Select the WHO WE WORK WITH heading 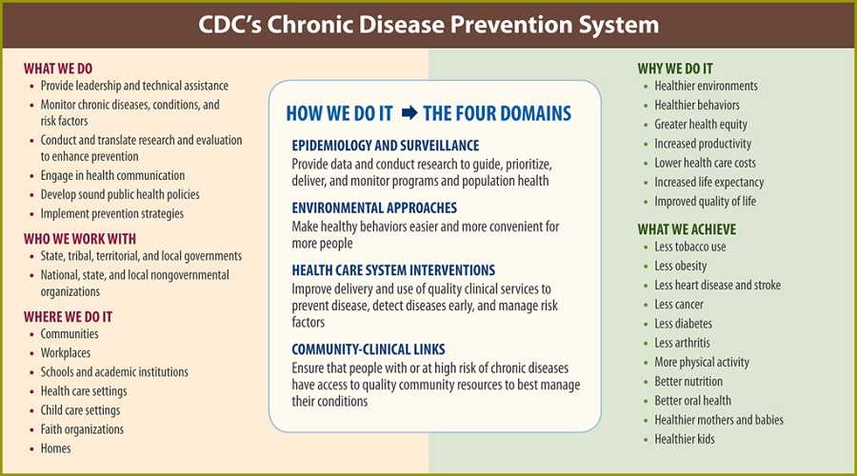click(x=80, y=238)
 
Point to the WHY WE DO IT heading click(x=675, y=68)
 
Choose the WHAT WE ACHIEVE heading click(x=687, y=229)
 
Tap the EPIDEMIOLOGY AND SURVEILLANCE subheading click(x=385, y=144)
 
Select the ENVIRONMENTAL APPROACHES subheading click(x=374, y=207)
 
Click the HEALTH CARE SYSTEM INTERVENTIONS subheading click(x=393, y=270)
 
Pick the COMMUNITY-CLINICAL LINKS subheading click(x=369, y=348)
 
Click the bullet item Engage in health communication click(x=112, y=175)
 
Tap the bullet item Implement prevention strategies click(x=111, y=213)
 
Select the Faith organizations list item click(x=82, y=429)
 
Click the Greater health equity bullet click(x=701, y=125)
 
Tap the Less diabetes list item click(x=683, y=324)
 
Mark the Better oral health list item click(x=692, y=401)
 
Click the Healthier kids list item click(x=684, y=439)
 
